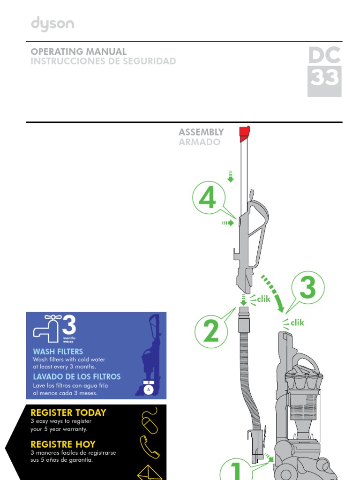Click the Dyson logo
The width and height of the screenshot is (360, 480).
(52, 24)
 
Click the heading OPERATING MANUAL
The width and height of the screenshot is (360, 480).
(78, 52)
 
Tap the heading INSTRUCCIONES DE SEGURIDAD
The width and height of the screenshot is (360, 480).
(103, 61)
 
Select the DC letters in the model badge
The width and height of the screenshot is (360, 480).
(324, 56)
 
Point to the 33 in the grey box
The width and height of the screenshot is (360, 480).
(324, 79)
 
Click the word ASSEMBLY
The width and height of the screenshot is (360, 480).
(201, 132)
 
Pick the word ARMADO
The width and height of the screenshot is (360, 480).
(199, 142)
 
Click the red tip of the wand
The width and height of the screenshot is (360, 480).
(244, 134)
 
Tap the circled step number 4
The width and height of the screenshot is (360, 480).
(207, 199)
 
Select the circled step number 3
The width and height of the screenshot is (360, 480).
(307, 288)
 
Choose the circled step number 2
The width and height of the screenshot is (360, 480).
(211, 332)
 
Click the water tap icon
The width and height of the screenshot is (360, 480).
(46, 327)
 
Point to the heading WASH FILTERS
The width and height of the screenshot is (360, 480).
(58, 352)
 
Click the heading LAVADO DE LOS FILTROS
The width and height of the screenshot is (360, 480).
(76, 377)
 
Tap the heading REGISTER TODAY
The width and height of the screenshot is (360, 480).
(68, 413)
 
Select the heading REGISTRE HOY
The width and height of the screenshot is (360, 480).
(63, 444)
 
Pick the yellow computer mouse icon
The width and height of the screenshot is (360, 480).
(150, 420)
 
